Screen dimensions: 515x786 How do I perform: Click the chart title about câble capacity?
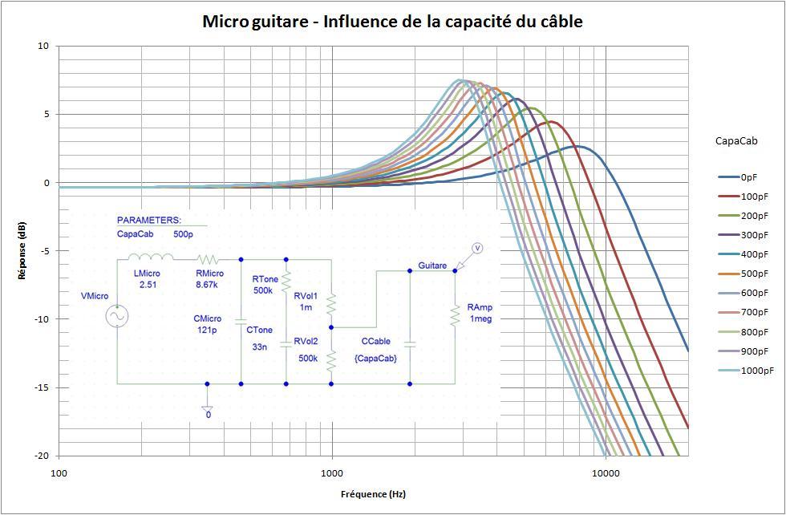(392, 22)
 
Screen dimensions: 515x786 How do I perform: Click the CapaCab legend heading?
(735, 141)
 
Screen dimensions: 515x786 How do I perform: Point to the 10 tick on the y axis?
(43, 47)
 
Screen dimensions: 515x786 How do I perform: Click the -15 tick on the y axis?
(42, 387)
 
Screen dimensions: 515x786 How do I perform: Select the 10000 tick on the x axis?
(606, 473)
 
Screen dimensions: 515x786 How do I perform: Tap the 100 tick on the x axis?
(59, 473)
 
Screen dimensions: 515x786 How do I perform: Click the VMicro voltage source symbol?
(117, 318)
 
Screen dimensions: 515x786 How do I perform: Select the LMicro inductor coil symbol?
(151, 257)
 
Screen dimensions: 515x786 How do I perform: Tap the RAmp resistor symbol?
(454, 318)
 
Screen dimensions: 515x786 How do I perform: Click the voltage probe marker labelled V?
(476, 248)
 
